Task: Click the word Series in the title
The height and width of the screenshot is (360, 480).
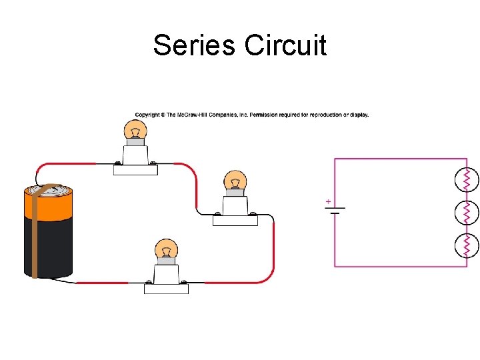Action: pyautogui.click(x=195, y=45)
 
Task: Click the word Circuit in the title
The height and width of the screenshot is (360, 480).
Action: pyautogui.click(x=285, y=45)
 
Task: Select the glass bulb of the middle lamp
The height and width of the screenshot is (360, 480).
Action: pyautogui.click(x=235, y=181)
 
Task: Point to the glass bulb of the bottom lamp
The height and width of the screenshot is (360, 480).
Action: pyautogui.click(x=166, y=250)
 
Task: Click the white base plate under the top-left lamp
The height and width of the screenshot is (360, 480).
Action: pyautogui.click(x=135, y=169)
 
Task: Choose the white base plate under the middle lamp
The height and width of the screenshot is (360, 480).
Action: pyautogui.click(x=235, y=220)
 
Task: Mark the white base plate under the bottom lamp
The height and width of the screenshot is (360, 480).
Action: pyautogui.click(x=166, y=288)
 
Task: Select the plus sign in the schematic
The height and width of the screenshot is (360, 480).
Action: pyautogui.click(x=328, y=201)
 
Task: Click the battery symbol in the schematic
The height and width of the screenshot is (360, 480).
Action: pyautogui.click(x=335, y=210)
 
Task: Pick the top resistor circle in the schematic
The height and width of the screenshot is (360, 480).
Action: pyautogui.click(x=467, y=178)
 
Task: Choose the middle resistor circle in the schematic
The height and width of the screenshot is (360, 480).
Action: pyautogui.click(x=467, y=212)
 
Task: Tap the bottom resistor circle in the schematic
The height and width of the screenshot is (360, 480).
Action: pyautogui.click(x=467, y=245)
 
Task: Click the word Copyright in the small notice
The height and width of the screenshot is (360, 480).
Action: pyautogui.click(x=148, y=115)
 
